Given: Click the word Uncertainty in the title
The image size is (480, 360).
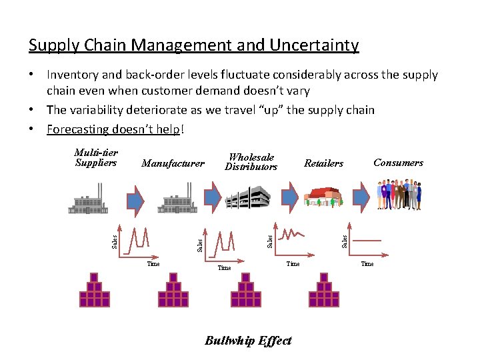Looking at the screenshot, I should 313,45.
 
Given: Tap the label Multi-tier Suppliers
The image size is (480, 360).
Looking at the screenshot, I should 96,158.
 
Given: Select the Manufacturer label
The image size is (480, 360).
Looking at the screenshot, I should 173,163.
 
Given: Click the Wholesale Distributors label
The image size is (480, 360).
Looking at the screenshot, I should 251,162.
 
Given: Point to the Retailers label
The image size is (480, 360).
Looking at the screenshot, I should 323,163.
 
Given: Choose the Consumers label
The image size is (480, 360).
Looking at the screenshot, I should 398,163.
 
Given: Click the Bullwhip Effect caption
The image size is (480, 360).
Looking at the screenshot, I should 248,341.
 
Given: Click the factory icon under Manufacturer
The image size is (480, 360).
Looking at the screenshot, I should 175,201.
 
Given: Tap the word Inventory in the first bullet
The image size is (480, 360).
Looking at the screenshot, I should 72,75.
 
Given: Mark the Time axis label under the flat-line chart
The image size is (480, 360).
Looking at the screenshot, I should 367,264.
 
